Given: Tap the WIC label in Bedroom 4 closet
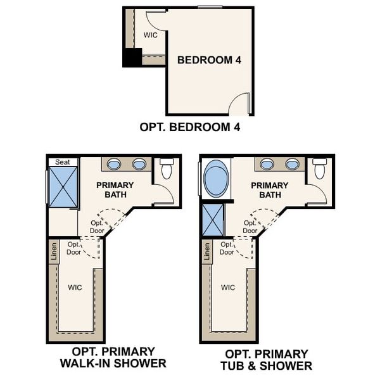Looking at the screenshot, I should [150, 35].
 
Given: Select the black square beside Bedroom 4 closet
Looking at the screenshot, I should [132, 58].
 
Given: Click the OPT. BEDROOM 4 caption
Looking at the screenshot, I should [190, 127].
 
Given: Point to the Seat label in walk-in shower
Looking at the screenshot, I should [62, 162].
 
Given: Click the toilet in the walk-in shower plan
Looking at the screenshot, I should [167, 169].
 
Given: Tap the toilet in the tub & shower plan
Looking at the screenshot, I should [320, 169].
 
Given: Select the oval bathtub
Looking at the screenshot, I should [217, 179].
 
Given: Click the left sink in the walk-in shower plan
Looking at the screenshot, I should [114, 165].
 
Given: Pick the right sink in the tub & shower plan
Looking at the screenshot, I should [292, 165].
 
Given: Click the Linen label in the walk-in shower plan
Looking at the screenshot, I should [53, 252].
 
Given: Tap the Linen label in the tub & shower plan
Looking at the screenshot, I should [206, 252].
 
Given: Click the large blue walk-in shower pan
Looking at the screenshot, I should [63, 187].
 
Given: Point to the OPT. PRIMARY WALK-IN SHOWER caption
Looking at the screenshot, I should [113, 358].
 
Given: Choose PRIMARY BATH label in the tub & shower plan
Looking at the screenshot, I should [269, 190].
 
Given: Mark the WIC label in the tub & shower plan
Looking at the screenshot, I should [228, 287].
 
